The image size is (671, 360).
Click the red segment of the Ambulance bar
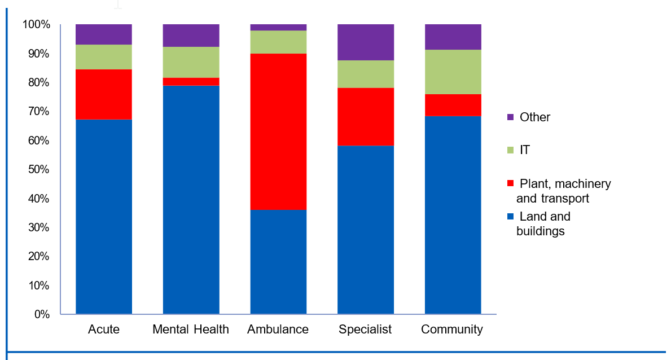(x=278, y=131)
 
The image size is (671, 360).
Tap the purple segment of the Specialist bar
(x=365, y=42)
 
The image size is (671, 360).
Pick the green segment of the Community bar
(x=453, y=72)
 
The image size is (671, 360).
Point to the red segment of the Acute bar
(x=104, y=94)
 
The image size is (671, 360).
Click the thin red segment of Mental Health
(x=191, y=82)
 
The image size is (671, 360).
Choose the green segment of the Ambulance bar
(x=278, y=42)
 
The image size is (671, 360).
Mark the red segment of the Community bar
(x=453, y=105)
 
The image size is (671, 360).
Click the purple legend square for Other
(x=511, y=117)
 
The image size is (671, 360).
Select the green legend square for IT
(x=511, y=150)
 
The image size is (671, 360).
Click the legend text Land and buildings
(x=543, y=223)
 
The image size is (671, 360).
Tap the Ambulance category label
(x=278, y=330)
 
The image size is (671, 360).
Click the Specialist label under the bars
(x=365, y=330)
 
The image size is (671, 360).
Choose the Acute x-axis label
(x=104, y=330)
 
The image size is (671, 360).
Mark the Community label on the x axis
(x=452, y=330)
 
